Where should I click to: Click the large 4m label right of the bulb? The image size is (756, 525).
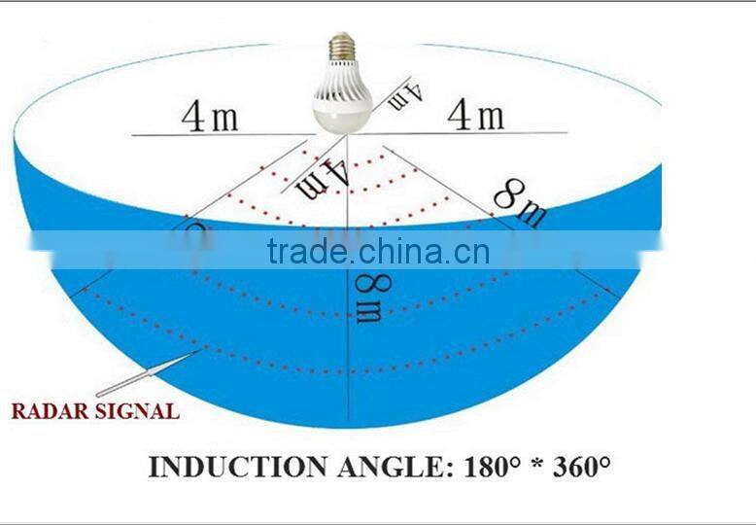point(475,115)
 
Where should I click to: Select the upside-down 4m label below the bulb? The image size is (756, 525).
point(324,178)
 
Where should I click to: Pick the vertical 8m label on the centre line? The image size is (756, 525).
point(367,297)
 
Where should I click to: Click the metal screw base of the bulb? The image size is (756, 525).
point(341,46)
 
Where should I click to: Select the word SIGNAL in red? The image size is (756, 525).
point(136,411)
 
